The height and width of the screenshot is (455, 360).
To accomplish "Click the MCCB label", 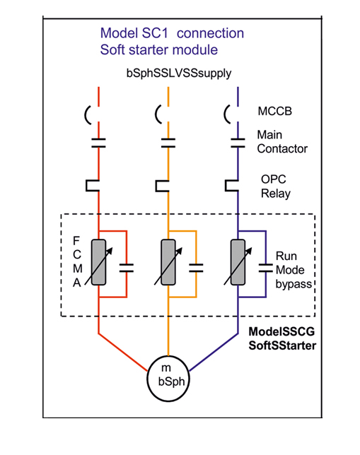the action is click(274, 111).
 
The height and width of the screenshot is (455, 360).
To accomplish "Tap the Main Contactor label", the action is click(282, 141).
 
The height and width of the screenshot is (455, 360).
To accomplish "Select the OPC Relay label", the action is click(275, 187).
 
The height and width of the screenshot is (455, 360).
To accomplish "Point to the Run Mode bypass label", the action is click(294, 270).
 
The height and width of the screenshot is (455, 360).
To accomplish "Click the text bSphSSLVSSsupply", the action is click(179, 73).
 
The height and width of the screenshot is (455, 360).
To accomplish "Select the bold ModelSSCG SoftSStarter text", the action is click(282, 338).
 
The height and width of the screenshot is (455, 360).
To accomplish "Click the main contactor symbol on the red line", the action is click(98, 143).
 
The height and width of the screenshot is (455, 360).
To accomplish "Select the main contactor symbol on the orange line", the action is click(168, 143).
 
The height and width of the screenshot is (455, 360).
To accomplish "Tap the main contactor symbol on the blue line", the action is click(238, 143).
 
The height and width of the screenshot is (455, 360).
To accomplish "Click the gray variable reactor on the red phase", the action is click(98, 262).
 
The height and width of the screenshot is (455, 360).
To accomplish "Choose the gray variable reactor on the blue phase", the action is click(238, 262).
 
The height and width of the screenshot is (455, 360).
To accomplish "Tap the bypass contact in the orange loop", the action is click(196, 268).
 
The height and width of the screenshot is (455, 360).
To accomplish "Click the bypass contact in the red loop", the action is click(127, 268).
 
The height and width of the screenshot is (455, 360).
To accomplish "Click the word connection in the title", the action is click(210, 33).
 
